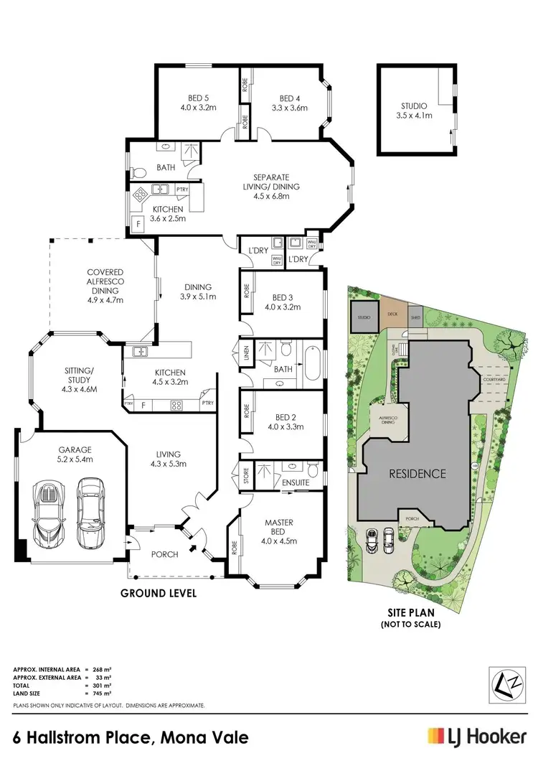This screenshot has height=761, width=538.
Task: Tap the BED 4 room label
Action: (x=293, y=103)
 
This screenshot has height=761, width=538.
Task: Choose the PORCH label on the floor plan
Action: (x=165, y=554)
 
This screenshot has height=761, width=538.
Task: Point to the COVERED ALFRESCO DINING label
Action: (x=106, y=286)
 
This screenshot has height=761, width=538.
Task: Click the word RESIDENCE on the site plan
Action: (x=417, y=474)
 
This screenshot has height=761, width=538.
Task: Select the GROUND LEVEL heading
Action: (x=158, y=594)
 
